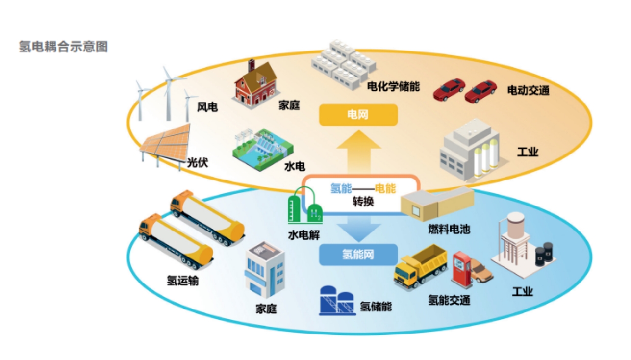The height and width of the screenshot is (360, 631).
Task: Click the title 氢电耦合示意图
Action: (63, 47)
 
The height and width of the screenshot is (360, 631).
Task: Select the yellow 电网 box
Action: (358, 116)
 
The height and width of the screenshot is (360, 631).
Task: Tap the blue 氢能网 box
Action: (358, 255)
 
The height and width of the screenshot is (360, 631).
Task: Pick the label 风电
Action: (207, 107)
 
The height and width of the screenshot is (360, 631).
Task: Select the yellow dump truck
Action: (420, 267)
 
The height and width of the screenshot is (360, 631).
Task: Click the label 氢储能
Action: (376, 307)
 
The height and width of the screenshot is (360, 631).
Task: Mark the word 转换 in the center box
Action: (363, 201)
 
